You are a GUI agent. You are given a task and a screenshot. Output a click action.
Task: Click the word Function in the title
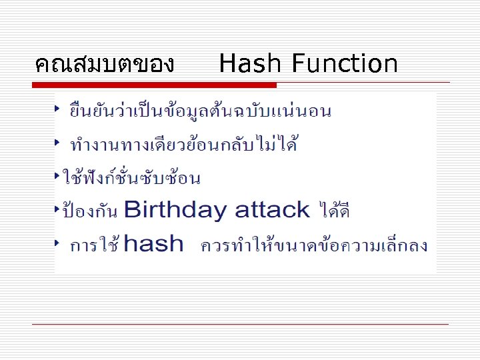point(344,64)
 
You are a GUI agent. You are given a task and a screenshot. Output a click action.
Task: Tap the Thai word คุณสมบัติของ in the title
point(105,65)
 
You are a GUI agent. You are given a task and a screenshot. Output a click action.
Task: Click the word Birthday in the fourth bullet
point(175,211)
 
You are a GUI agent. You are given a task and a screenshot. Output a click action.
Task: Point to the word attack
point(273,211)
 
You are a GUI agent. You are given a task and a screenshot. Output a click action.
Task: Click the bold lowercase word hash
point(153,244)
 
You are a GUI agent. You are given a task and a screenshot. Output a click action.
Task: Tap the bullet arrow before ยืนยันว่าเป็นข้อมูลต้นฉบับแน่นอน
point(59,107)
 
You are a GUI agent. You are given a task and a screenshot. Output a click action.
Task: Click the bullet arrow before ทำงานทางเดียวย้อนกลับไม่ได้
point(59,141)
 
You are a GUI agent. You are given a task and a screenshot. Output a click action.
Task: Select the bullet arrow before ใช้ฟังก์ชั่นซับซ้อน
point(57,175)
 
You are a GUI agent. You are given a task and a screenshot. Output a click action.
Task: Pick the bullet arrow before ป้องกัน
point(57,209)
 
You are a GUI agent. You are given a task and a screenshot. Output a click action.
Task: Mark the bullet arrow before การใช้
point(59,241)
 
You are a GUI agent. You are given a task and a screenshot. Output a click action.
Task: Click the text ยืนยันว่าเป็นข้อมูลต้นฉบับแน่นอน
point(201,111)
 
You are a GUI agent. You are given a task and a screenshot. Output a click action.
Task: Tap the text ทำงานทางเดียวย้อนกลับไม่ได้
point(184,144)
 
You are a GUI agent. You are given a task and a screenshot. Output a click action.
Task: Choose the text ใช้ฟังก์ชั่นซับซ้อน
point(131,178)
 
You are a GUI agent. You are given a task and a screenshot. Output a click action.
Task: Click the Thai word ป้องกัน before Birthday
point(90,212)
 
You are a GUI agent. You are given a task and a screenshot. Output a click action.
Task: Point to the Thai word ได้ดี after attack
point(335,212)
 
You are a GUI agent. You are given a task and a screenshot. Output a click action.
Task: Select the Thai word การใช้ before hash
point(95,246)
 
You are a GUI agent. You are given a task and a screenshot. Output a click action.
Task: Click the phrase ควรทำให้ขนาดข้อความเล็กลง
point(314,246)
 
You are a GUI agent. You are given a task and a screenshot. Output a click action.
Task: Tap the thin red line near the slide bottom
point(240,324)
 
